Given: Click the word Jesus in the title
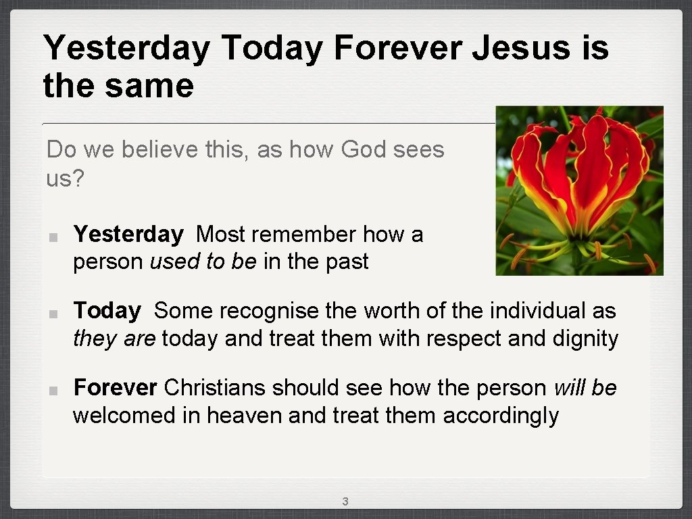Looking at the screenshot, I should [520, 49].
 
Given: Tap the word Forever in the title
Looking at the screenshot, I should [398, 49].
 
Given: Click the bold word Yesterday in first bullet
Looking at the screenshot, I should [128, 234].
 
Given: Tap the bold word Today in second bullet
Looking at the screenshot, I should [107, 311].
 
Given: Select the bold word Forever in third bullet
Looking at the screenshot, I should [115, 388].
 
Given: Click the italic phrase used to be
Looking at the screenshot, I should [203, 262].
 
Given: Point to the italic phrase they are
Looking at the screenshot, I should [114, 338].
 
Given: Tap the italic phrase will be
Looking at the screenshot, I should [585, 388].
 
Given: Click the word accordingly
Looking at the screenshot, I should [501, 415].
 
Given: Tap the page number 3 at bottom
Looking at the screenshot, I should [345, 501].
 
